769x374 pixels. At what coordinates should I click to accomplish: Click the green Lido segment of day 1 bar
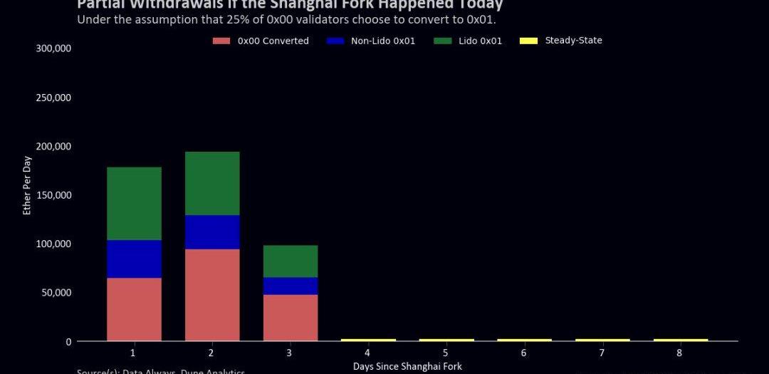point(134,203)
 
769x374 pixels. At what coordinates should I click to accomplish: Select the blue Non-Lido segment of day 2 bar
point(212,232)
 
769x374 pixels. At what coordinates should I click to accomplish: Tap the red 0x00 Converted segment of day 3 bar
point(291,317)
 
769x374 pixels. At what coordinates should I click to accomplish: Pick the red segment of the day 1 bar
point(134,308)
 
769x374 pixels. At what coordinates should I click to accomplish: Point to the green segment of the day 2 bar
point(212,183)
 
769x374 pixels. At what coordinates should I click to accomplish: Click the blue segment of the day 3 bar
point(291,286)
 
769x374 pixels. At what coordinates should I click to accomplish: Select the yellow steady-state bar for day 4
point(368,340)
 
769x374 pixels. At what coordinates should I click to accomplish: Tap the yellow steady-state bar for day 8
point(681,340)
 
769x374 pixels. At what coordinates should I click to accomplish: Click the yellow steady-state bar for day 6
point(524,340)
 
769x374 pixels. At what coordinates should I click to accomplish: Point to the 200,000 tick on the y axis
point(54,146)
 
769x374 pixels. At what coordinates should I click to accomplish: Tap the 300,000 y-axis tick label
point(54,48)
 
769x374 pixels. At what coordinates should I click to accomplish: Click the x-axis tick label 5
point(446,353)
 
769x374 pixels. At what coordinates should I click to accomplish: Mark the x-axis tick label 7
point(602,353)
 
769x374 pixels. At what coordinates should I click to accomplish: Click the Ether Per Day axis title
point(27,185)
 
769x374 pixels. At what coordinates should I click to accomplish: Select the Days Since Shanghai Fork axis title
point(407,366)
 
